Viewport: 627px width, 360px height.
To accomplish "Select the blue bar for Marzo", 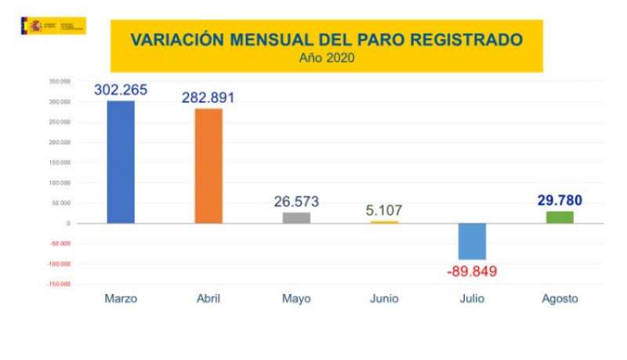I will (x=121, y=162).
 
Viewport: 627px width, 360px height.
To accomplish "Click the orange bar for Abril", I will (x=208, y=165).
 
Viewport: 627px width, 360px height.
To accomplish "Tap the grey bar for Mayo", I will (x=296, y=217).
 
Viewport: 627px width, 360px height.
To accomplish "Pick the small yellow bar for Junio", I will (x=384, y=222).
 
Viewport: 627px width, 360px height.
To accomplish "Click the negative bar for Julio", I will (x=472, y=241).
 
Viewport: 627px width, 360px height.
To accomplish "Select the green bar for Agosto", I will (x=560, y=216).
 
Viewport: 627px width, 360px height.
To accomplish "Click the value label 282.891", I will (x=208, y=98).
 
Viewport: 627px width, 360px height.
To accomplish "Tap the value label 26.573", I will (x=296, y=202).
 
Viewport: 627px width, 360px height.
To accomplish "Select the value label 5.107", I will (x=384, y=210).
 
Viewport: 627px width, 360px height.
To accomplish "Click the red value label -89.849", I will (x=472, y=272).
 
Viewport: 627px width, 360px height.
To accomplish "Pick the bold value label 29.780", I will (x=560, y=201).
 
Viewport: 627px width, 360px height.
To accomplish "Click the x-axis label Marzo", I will (x=121, y=299).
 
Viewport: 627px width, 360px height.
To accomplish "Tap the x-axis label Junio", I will (x=384, y=299).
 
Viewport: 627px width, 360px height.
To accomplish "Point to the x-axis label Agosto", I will (x=560, y=299).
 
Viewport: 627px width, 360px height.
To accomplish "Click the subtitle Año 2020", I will (x=325, y=56).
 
